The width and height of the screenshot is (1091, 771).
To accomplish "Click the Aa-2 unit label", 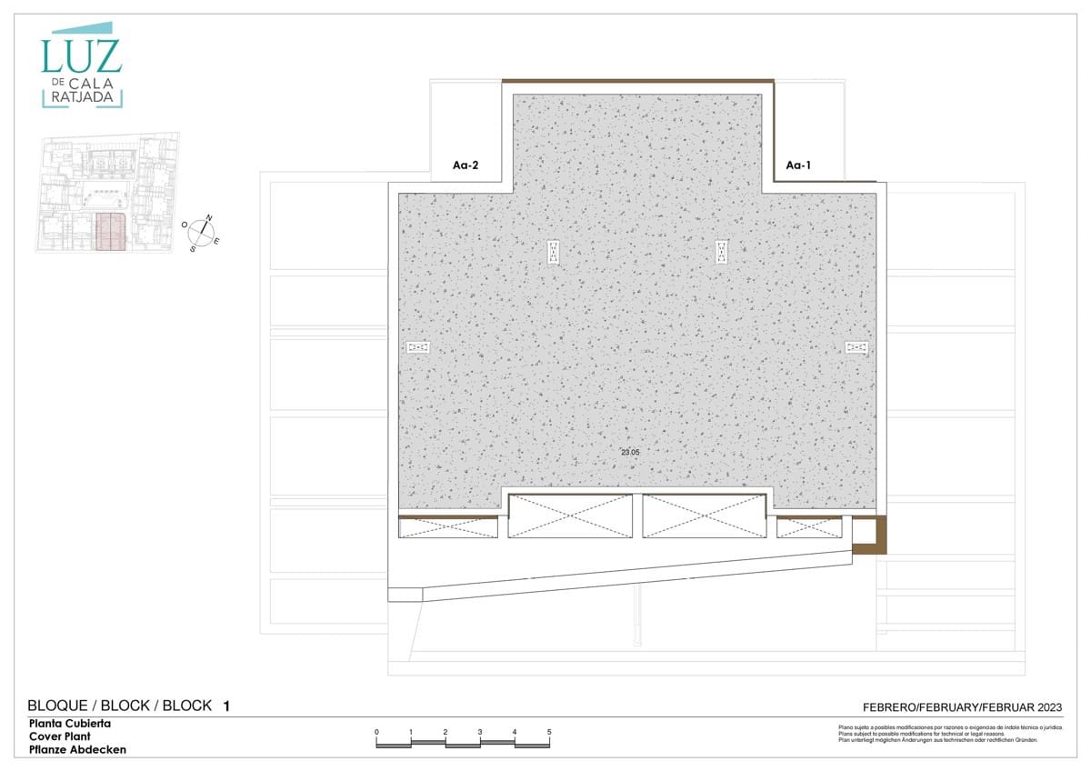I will pos(465,165).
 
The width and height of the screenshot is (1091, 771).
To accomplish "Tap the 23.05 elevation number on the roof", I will pos(630,451).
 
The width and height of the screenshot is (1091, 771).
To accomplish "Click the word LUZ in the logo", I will pos(81,56).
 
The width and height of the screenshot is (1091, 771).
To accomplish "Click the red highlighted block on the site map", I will pos(110,232).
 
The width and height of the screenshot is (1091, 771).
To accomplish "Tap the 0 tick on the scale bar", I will pos(376,732).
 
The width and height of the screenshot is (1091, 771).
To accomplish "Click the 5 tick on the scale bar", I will pos(549,732).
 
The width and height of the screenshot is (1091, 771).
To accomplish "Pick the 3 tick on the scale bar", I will pos(480,732).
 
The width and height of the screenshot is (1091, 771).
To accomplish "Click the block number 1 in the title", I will pos(226,706).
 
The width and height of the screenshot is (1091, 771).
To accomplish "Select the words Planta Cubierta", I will pos(70,724).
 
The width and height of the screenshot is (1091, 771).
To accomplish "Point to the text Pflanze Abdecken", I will pos(77,750).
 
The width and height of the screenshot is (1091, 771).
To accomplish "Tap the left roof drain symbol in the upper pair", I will pos(554,252).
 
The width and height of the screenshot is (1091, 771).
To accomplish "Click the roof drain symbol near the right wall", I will pos(856,346).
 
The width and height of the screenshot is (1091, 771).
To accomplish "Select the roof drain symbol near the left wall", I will pos(418,346).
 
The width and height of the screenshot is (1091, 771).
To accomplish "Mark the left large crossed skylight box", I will pos(571,516).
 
